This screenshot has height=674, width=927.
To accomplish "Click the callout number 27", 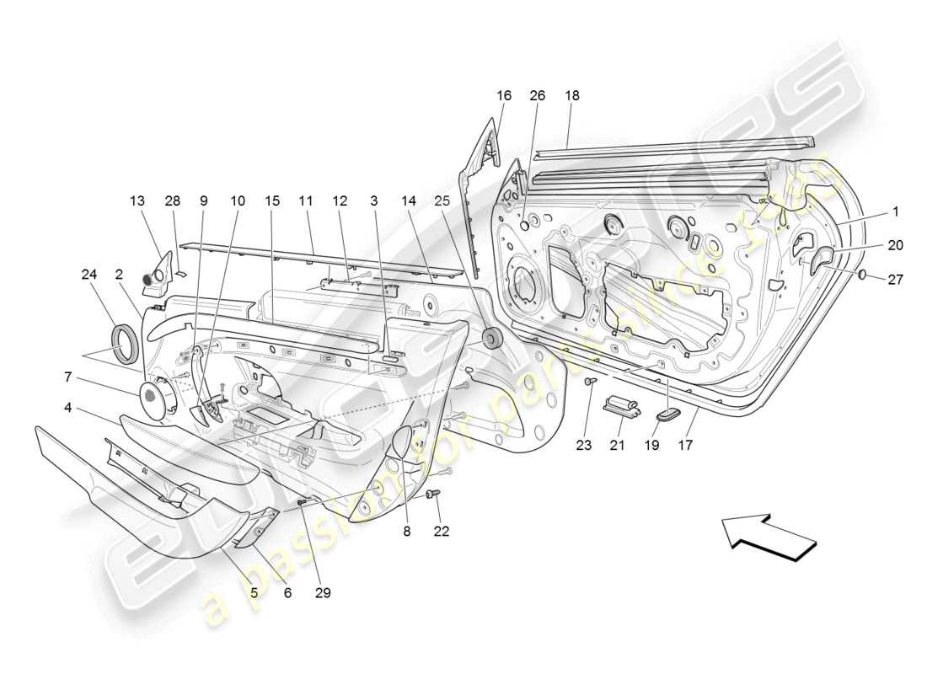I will coord(895,279).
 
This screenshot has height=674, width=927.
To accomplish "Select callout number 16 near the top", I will coord(503,96).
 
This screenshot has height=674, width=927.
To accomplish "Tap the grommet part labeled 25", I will coord(490,339).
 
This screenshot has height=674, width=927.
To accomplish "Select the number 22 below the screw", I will coord(441,531).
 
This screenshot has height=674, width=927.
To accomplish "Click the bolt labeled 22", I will coord(434,495).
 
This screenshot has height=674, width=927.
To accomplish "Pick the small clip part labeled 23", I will coord(589,383).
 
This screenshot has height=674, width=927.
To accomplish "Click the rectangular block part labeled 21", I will coord(621,404).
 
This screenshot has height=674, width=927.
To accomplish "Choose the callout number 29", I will coord(322,592).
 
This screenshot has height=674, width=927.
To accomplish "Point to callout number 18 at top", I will coord(571,96).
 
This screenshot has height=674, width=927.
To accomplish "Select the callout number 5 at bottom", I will coord(253,592).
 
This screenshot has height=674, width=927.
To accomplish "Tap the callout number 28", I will coord(172,201).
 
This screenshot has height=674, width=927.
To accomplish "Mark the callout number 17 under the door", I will coord(685,445).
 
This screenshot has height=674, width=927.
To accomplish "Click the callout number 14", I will coord(409,201).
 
